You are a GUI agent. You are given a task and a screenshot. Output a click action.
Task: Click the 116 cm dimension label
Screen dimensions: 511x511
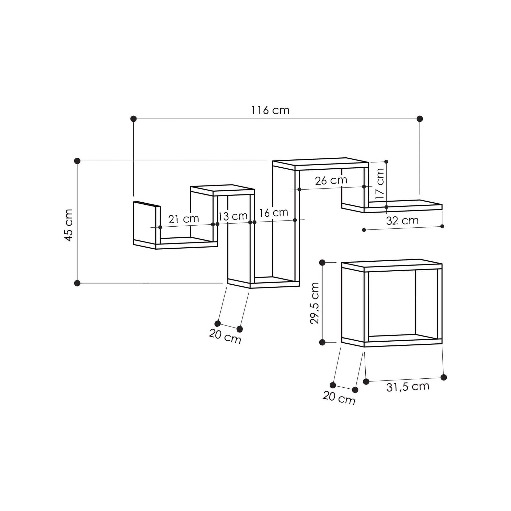click(x=270, y=110)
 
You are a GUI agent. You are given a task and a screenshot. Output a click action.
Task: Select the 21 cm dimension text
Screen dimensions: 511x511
click(x=183, y=219)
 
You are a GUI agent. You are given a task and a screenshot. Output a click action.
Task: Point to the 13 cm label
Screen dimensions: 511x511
click(x=233, y=216)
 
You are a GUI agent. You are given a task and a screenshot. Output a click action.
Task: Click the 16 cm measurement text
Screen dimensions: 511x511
click(x=273, y=212)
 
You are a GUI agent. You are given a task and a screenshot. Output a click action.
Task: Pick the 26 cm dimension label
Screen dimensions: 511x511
click(x=331, y=180)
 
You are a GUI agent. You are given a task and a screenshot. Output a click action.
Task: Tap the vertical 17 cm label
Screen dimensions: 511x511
click(x=380, y=183)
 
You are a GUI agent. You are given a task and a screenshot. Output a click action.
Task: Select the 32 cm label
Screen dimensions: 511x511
click(x=402, y=220)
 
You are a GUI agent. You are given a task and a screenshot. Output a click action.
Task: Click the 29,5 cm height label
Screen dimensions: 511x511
click(x=315, y=303)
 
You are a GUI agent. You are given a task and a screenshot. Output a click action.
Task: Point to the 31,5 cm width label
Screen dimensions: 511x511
click(x=408, y=387)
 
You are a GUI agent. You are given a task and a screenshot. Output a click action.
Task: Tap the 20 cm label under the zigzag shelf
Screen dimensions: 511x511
click(x=225, y=336)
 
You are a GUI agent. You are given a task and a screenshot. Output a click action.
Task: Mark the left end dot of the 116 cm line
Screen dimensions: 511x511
click(x=134, y=119)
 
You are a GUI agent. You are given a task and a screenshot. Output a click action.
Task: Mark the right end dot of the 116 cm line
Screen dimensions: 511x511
click(x=420, y=119)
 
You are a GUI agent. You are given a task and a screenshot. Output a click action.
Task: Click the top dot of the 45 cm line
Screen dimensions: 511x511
click(x=77, y=161)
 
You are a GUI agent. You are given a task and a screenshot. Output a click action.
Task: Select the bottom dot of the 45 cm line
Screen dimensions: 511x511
click(x=77, y=283)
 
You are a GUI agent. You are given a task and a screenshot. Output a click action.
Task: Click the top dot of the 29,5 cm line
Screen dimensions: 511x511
click(x=322, y=263)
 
